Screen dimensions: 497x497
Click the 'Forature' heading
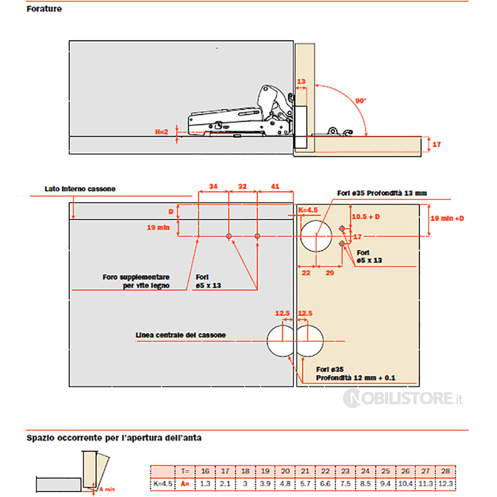coord(44,9)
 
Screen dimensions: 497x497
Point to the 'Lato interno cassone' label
coord(80,189)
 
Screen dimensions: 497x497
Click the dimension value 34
coord(213,186)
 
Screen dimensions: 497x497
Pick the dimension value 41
coord(274,186)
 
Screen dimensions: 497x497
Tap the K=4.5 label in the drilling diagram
coord(308,210)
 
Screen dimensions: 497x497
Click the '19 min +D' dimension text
coord(447,218)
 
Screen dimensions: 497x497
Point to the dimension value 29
coord(330,273)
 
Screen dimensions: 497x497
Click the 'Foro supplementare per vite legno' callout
coord(136,281)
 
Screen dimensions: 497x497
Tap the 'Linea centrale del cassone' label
coord(180,335)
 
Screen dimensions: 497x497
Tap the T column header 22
coord(325,471)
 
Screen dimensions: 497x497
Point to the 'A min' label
coord(108,489)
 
